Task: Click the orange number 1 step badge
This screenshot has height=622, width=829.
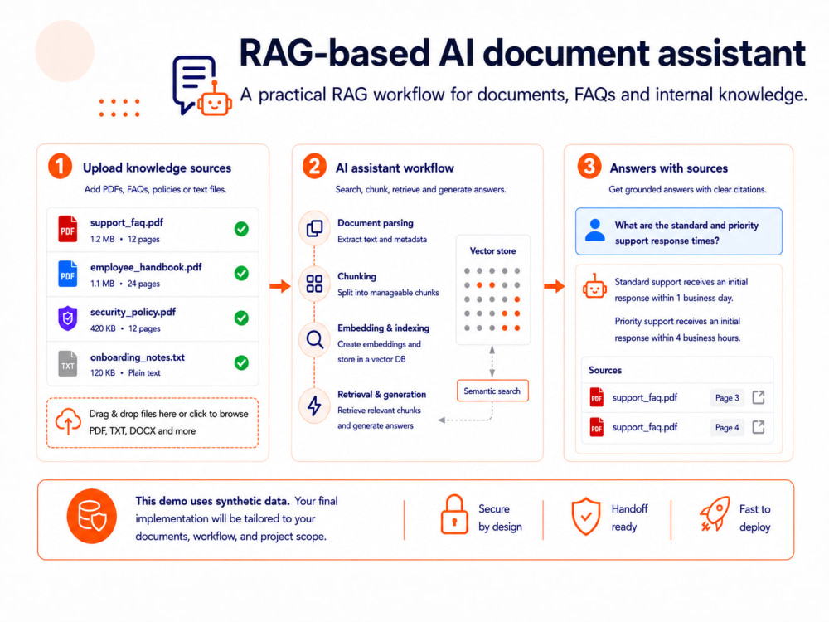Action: [x=60, y=166]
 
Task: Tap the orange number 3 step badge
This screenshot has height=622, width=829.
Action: [x=589, y=166]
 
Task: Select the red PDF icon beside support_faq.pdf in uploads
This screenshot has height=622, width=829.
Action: [x=68, y=229]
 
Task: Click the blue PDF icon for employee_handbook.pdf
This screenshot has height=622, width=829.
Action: [x=68, y=274]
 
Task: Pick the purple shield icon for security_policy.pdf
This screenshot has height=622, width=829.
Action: [x=68, y=318]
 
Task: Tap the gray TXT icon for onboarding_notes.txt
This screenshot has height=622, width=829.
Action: [x=68, y=363]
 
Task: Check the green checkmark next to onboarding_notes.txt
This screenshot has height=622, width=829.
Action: [x=241, y=363]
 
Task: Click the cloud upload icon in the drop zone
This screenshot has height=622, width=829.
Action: [x=68, y=421]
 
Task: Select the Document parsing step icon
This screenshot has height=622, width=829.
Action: [x=314, y=229]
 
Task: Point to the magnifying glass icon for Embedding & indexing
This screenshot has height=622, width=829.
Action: [x=314, y=339]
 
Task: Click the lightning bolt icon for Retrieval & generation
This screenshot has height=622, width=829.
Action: [x=314, y=406]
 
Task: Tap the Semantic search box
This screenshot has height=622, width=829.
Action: [x=492, y=391]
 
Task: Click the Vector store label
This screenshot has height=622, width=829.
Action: [x=492, y=250]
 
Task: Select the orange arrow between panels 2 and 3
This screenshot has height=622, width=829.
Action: [x=554, y=287]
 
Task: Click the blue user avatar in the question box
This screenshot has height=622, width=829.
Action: [x=594, y=231]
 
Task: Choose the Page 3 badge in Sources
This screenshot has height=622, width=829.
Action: [x=727, y=398]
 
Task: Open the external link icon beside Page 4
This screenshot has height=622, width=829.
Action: [x=759, y=427]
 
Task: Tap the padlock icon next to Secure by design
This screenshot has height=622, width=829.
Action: [x=454, y=515]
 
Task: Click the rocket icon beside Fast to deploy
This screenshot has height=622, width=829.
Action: [x=715, y=513]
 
